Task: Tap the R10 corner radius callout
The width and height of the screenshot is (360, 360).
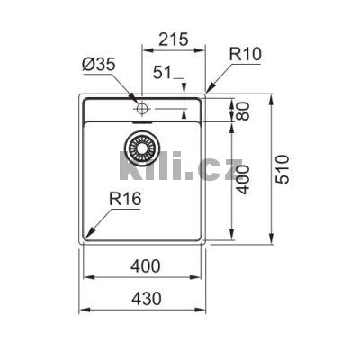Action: (x=245, y=54)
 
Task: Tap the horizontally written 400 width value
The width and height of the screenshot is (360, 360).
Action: (x=144, y=266)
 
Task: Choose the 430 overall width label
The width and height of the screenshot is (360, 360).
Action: (x=144, y=298)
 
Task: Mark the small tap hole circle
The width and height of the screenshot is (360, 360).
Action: (x=141, y=109)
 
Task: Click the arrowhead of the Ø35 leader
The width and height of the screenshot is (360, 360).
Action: (x=136, y=102)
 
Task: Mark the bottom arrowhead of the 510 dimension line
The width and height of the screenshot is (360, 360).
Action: (x=271, y=241)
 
